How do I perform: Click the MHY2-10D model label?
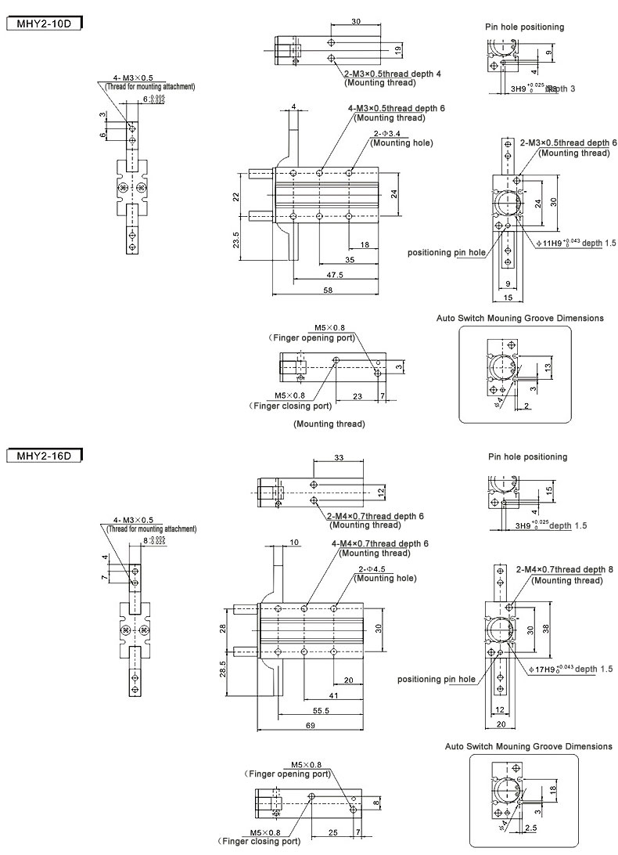click(x=44, y=23)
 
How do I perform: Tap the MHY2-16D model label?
click(x=44, y=456)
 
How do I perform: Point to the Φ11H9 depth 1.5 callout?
click(x=577, y=244)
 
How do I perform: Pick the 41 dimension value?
click(x=334, y=694)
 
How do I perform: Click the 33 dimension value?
click(x=339, y=457)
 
